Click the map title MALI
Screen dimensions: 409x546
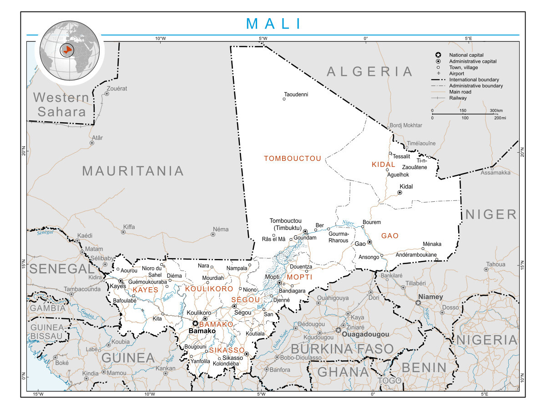[x=273, y=24]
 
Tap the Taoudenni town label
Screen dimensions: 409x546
[x=296, y=95]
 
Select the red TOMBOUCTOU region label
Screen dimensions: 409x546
[x=293, y=159]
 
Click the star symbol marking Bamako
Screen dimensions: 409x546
[x=195, y=324]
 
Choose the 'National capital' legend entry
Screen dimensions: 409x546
[x=466, y=55]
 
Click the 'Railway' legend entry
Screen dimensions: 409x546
[x=458, y=98]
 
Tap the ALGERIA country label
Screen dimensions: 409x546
[x=370, y=71]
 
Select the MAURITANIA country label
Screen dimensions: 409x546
[x=133, y=171]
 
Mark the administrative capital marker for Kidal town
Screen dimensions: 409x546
[x=399, y=193]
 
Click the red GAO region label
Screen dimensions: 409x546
[x=390, y=236]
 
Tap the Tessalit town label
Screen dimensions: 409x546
[x=401, y=156]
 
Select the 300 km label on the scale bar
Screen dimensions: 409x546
[x=496, y=110]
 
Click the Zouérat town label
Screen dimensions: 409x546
[x=116, y=88]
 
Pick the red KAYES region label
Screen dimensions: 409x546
[x=146, y=289]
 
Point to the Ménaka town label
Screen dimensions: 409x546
[x=432, y=244]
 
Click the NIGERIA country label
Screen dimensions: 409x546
[x=487, y=340]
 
